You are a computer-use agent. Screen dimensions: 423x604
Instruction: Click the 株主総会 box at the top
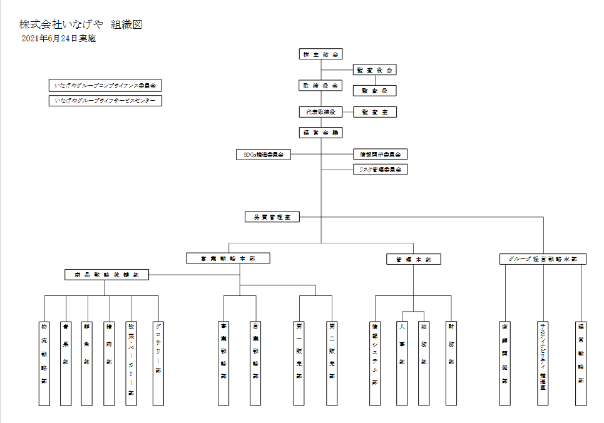[321, 54]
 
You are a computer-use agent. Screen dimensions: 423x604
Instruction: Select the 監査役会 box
[375, 70]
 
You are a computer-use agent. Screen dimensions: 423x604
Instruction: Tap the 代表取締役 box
[321, 112]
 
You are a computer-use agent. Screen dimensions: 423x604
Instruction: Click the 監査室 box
[375, 112]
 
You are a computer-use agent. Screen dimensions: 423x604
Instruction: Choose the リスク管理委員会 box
[381, 169]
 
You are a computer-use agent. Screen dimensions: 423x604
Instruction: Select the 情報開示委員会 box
[381, 154]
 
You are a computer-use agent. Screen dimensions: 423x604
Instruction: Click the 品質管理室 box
[272, 217]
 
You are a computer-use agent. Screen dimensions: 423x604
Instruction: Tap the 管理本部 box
[413, 259]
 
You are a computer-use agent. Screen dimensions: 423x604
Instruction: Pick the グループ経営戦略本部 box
[543, 259]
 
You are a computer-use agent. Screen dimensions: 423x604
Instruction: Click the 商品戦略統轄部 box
[106, 274]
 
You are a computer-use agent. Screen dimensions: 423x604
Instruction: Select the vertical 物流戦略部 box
[44, 363]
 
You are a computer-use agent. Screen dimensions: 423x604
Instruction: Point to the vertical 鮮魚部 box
[87, 363]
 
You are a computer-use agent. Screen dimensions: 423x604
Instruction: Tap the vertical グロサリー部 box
[158, 363]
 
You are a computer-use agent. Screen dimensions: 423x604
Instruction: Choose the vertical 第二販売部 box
[332, 363]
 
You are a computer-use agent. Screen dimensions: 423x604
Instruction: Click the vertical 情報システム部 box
[375, 363]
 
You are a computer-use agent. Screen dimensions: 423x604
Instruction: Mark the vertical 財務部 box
[451, 363]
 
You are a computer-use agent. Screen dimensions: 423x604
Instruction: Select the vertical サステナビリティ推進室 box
[543, 363]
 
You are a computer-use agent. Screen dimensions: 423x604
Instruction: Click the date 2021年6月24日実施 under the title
[58, 39]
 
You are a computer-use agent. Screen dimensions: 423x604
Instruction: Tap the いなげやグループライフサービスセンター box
[105, 100]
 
